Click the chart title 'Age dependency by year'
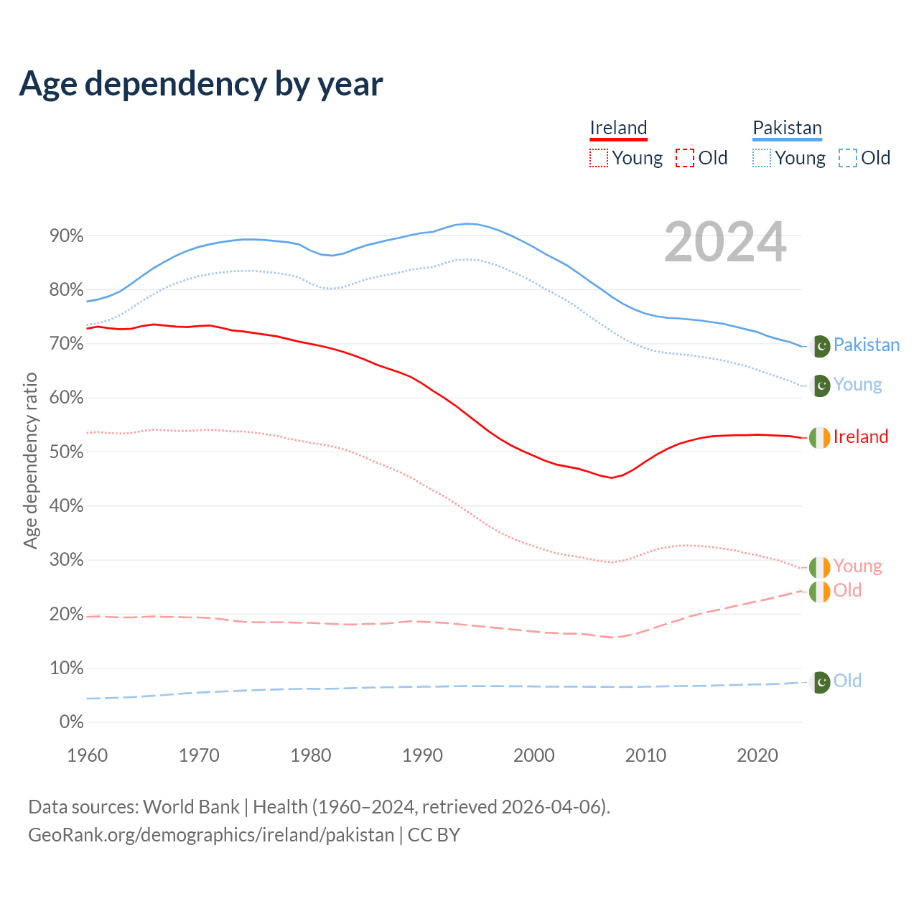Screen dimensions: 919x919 [201, 84]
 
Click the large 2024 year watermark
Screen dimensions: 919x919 [725, 242]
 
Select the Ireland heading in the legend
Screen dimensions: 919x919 [618, 128]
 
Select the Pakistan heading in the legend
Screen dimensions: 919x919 [787, 128]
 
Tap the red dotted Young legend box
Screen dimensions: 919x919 [599, 158]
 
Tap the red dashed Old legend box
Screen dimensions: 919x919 [685, 158]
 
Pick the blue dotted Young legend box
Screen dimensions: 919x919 [762, 158]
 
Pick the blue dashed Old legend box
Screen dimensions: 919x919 [848, 158]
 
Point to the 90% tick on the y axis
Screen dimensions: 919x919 [67, 236]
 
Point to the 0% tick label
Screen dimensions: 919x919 [71, 722]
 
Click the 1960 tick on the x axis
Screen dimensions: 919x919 [87, 755]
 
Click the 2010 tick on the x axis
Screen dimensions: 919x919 [645, 755]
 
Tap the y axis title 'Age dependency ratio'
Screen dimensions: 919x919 [30, 460]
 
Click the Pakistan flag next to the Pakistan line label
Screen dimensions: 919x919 [820, 346]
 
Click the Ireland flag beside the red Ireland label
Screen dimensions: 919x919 [820, 437]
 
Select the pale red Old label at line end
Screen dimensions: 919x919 [847, 591]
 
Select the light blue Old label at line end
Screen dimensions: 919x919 [847, 681]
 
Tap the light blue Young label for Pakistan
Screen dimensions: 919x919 [857, 385]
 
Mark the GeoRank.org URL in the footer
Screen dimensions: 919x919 [211, 835]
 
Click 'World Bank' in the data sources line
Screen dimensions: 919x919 [191, 807]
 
